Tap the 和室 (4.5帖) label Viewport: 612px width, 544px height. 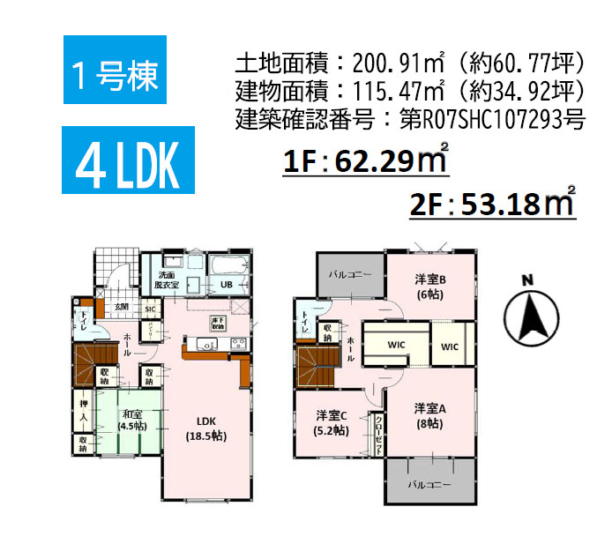133,421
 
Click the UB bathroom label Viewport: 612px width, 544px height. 226,284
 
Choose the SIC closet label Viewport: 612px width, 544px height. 150,309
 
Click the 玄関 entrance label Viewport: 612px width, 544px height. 122,307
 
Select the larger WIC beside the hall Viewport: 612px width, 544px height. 394,347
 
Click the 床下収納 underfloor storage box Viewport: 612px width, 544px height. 219,322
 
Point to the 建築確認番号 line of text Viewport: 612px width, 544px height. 410,119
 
